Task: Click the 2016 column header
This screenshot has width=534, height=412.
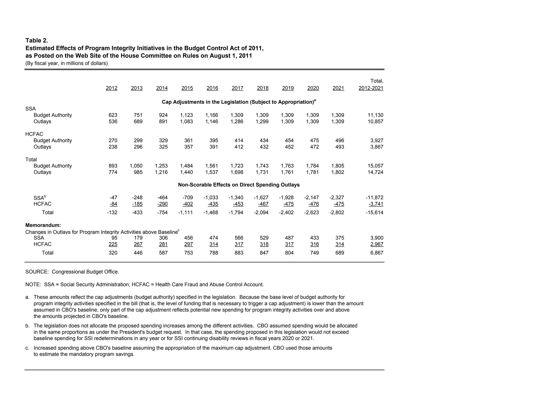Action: [212, 88]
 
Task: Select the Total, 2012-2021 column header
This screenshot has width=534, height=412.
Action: [371, 85]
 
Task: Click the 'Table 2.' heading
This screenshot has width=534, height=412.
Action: [37, 41]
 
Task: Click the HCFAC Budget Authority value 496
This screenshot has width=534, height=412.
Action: [339, 141]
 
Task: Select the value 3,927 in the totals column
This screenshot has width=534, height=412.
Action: [377, 141]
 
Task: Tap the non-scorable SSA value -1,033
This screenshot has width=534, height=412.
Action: [211, 198]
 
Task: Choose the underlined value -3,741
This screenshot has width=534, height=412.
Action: [376, 204]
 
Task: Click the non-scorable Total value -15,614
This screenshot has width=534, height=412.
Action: [374, 213]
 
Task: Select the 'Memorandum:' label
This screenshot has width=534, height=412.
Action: [43, 225]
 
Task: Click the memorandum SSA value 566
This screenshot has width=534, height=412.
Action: [239, 238]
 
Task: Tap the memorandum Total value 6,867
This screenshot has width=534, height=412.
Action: [377, 253]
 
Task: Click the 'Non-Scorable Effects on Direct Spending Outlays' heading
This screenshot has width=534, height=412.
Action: [239, 185]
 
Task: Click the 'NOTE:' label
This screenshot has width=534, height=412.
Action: [33, 285]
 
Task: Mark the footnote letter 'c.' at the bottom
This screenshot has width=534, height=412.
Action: [27, 348]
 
